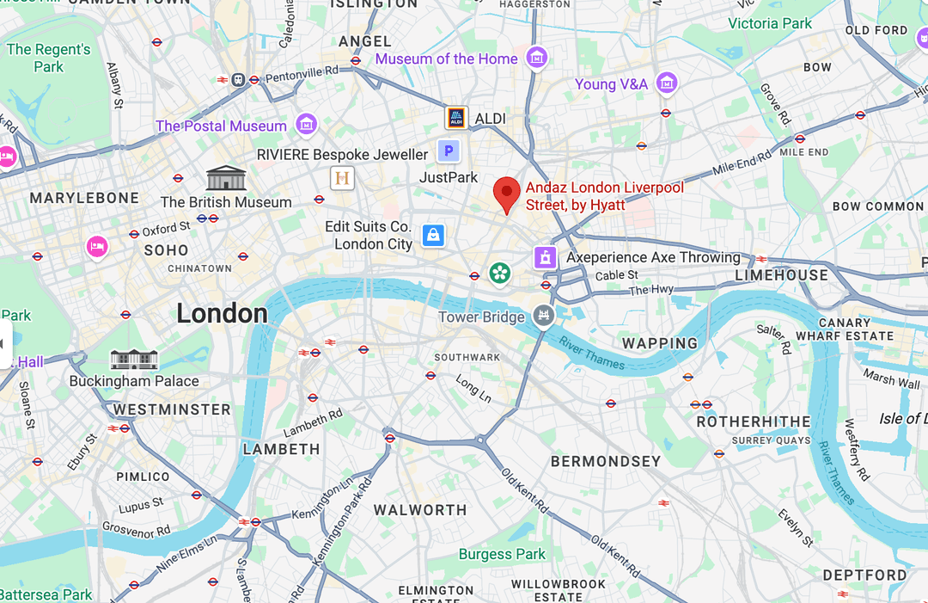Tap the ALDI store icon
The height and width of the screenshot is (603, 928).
pos(455,118)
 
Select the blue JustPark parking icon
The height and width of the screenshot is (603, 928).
pos(448,152)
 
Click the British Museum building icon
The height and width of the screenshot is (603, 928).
pos(226,178)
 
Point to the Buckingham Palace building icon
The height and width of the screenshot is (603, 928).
pos(134,359)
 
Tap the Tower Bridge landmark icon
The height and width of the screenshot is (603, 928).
pos(542,316)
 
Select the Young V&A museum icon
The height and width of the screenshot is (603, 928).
pos(666,83)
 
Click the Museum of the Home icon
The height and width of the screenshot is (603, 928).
pos(537,58)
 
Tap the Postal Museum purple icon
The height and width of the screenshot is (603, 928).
pos(306,125)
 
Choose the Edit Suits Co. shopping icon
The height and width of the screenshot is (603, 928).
pos(433,235)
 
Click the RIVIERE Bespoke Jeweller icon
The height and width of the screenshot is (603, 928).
pos(342,178)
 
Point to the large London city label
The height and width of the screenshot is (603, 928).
pos(222,313)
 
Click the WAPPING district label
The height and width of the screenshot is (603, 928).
pos(660,343)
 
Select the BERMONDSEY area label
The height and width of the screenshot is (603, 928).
pos(606,461)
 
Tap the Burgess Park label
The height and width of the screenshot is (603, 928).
pos(502,554)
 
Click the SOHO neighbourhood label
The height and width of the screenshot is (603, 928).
pos(166,250)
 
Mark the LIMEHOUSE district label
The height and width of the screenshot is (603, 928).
pos(781,275)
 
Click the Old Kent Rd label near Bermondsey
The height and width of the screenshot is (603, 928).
pos(524,492)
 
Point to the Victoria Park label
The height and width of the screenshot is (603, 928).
pos(770,23)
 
